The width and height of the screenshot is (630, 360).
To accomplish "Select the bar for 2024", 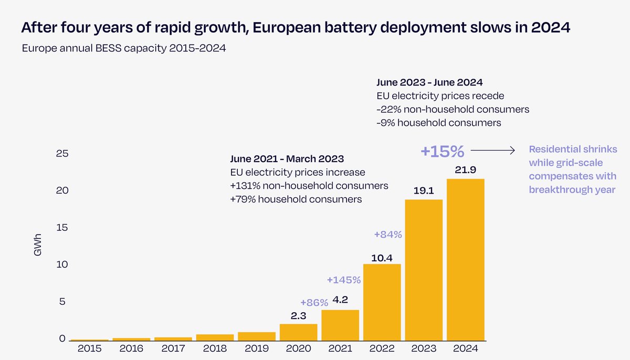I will (x=465, y=260).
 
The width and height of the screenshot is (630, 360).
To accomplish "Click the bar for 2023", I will (x=424, y=270).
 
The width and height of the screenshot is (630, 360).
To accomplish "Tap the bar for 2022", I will (x=382, y=302).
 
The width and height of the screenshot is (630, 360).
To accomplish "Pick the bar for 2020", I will (x=298, y=332).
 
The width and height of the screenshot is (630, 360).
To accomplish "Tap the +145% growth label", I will (x=343, y=280).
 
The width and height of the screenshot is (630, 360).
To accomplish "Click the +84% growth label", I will (x=387, y=235).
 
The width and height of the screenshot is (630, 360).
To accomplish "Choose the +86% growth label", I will (x=313, y=303).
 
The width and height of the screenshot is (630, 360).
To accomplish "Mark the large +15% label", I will (x=442, y=152).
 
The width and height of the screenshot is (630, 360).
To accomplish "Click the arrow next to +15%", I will (x=493, y=151).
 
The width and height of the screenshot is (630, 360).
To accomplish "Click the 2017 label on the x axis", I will (x=173, y=348).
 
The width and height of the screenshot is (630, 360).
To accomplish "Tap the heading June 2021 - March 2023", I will (x=287, y=159).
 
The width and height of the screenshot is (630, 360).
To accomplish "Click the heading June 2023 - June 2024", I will (x=430, y=82).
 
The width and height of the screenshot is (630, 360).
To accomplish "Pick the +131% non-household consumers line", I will (x=309, y=186).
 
